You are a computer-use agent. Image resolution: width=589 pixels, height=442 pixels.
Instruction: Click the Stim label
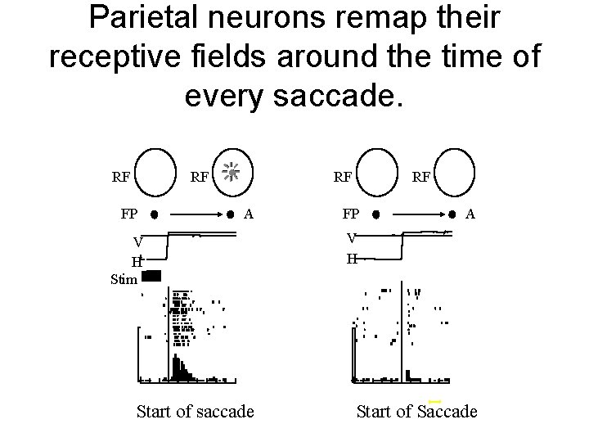[124, 279]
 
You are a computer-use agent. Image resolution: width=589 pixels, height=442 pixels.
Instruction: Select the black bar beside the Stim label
[153, 276]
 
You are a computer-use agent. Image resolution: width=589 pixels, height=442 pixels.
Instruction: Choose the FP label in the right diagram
[350, 215]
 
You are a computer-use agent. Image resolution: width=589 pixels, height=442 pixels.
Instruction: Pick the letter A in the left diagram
[250, 214]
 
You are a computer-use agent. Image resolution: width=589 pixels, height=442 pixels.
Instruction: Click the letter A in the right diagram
[470, 214]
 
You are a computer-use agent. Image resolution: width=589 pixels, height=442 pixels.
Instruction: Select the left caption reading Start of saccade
[195, 411]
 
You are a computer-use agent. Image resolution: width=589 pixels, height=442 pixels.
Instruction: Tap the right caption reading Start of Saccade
[416, 411]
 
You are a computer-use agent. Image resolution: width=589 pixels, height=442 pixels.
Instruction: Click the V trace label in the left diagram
[139, 241]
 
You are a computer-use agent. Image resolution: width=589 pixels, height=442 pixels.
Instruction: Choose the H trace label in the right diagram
[351, 259]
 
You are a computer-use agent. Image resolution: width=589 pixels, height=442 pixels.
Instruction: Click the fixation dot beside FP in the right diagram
[375, 218]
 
